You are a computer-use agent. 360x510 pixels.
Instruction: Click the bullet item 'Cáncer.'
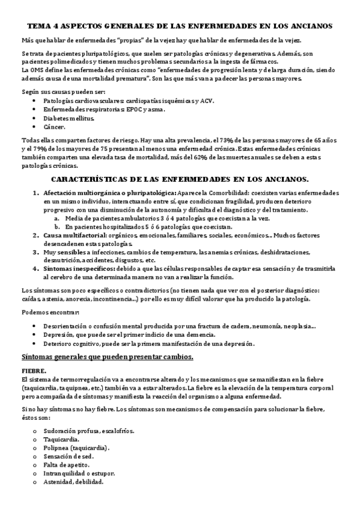54,127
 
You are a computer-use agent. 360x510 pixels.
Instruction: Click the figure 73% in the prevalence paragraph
195,140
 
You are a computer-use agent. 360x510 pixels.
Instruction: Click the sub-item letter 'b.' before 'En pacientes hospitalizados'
56,227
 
